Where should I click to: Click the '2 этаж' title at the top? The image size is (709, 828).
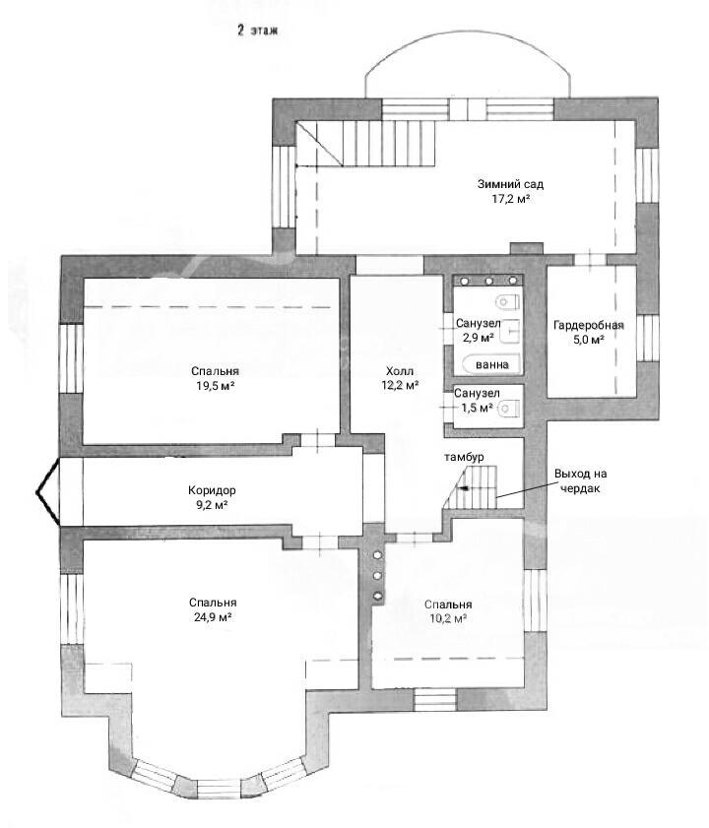[x=257, y=31]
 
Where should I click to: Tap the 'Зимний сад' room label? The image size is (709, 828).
[x=510, y=184]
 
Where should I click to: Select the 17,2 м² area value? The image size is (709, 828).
[x=510, y=199]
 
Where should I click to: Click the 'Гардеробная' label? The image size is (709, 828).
[x=589, y=325]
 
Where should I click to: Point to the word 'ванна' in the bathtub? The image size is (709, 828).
[x=491, y=364]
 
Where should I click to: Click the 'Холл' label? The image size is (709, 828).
[x=400, y=371]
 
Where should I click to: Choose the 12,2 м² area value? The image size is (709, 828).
[x=400, y=386]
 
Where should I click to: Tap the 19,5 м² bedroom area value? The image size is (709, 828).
[x=216, y=386]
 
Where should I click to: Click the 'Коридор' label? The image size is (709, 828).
[x=212, y=490]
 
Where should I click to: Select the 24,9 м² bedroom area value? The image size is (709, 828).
[x=214, y=616]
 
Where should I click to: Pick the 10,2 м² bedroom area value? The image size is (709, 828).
[x=448, y=618]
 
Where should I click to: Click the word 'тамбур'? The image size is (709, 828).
[x=464, y=457]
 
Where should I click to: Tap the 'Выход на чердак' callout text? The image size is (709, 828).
[x=580, y=480]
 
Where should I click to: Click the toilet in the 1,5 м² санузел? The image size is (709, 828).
[x=509, y=409]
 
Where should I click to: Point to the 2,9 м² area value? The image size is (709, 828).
[x=479, y=338]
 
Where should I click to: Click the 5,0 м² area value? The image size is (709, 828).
[x=589, y=340]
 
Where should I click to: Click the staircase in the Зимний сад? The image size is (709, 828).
[x=365, y=144]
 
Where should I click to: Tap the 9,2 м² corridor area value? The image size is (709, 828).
[x=212, y=505]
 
